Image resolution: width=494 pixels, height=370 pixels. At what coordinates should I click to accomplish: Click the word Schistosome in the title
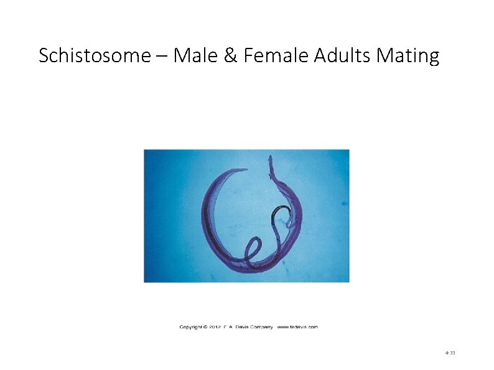[x=94, y=57]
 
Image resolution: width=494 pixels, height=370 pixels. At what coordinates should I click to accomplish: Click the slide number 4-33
[x=450, y=353]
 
